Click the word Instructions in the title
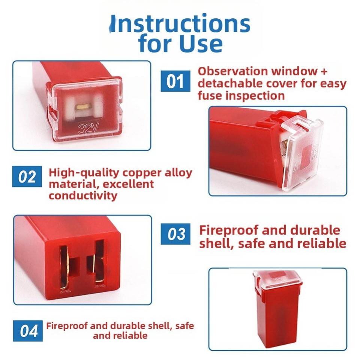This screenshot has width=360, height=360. tap(181, 24)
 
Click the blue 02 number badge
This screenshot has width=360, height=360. tap(27, 177)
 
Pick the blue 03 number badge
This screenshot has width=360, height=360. tap(176, 234)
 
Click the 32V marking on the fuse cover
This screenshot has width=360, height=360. tap(88, 129)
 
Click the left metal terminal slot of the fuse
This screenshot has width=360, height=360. tap(65, 267)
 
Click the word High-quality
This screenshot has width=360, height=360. tap(84, 173)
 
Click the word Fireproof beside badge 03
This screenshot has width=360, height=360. tap(228, 230)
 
